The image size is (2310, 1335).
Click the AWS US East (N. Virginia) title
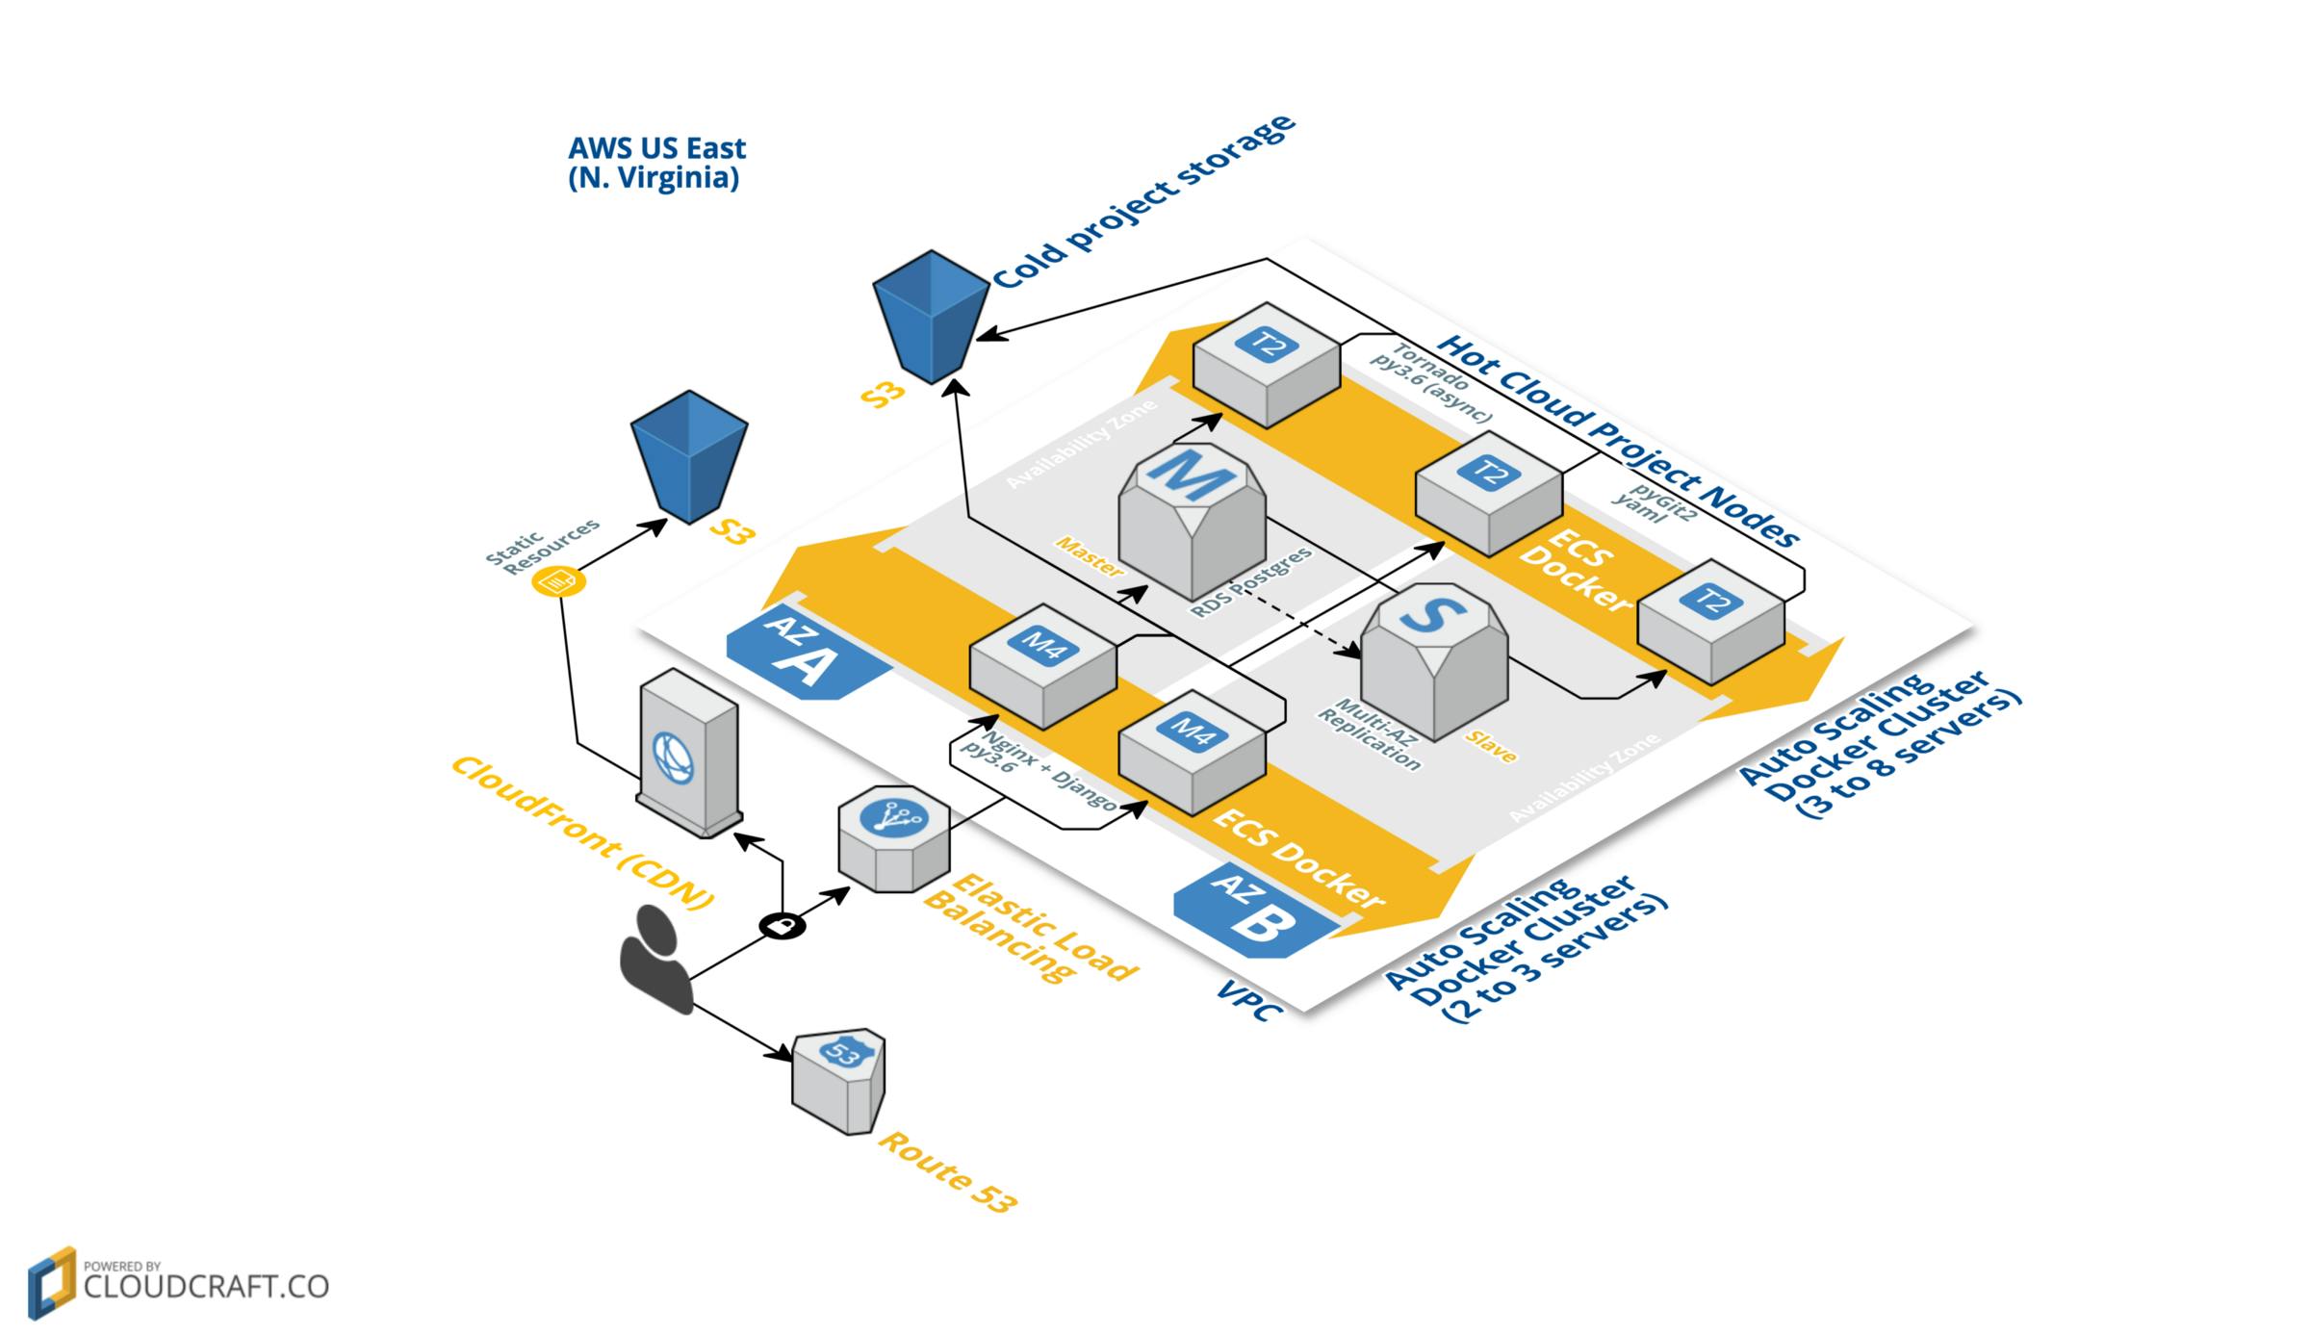[656, 163]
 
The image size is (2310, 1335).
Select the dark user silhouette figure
[656, 960]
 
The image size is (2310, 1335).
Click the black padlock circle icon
[783, 926]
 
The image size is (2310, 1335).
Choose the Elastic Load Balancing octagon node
[893, 836]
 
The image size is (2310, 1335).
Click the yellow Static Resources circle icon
[558, 581]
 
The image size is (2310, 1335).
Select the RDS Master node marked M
[1192, 521]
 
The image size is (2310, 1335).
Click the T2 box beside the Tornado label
[1266, 364]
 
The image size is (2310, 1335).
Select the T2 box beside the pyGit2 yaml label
[1488, 492]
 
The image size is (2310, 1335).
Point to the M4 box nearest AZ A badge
[1042, 665]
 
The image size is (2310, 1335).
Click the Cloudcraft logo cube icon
[51, 1282]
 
